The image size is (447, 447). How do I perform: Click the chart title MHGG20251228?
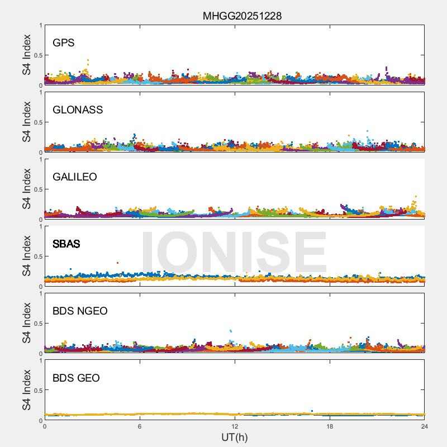point(242,16)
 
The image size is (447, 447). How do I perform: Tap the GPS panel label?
point(64,43)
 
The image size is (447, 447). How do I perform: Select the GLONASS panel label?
point(78,110)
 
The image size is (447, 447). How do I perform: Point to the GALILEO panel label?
point(75,177)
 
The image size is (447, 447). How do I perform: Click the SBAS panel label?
point(66,244)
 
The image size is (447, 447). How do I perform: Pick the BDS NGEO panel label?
point(80,311)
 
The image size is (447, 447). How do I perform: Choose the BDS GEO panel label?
point(76,378)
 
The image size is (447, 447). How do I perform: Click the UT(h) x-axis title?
point(234,437)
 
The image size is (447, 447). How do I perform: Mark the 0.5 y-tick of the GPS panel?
point(37,55)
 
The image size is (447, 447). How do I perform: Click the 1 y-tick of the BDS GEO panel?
point(40,360)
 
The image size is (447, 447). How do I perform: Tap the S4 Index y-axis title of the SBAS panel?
point(26,256)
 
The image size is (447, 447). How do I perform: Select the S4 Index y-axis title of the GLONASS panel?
point(26,122)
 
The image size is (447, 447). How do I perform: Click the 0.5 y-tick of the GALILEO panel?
point(37,189)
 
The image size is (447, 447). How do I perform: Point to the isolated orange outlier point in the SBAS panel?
point(117,263)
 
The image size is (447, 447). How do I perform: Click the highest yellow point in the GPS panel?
point(88,60)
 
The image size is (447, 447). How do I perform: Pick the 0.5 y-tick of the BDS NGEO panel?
point(37,324)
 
